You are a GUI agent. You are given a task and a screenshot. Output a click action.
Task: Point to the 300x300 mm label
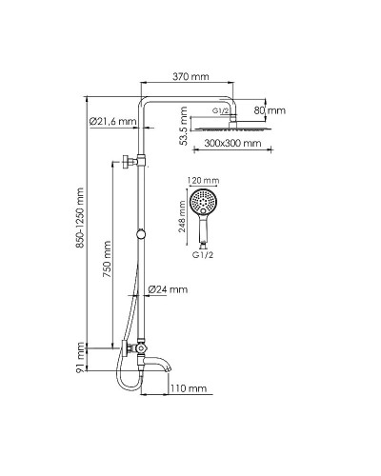click(x=232, y=144)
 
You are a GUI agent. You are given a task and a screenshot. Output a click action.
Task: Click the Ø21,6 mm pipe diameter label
click(x=112, y=122)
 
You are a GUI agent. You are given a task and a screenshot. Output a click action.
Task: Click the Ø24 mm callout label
click(x=170, y=288)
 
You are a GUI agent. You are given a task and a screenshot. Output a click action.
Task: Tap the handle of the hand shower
click(x=202, y=230)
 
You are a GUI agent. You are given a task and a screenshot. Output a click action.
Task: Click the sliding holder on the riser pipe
click(x=142, y=234)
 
